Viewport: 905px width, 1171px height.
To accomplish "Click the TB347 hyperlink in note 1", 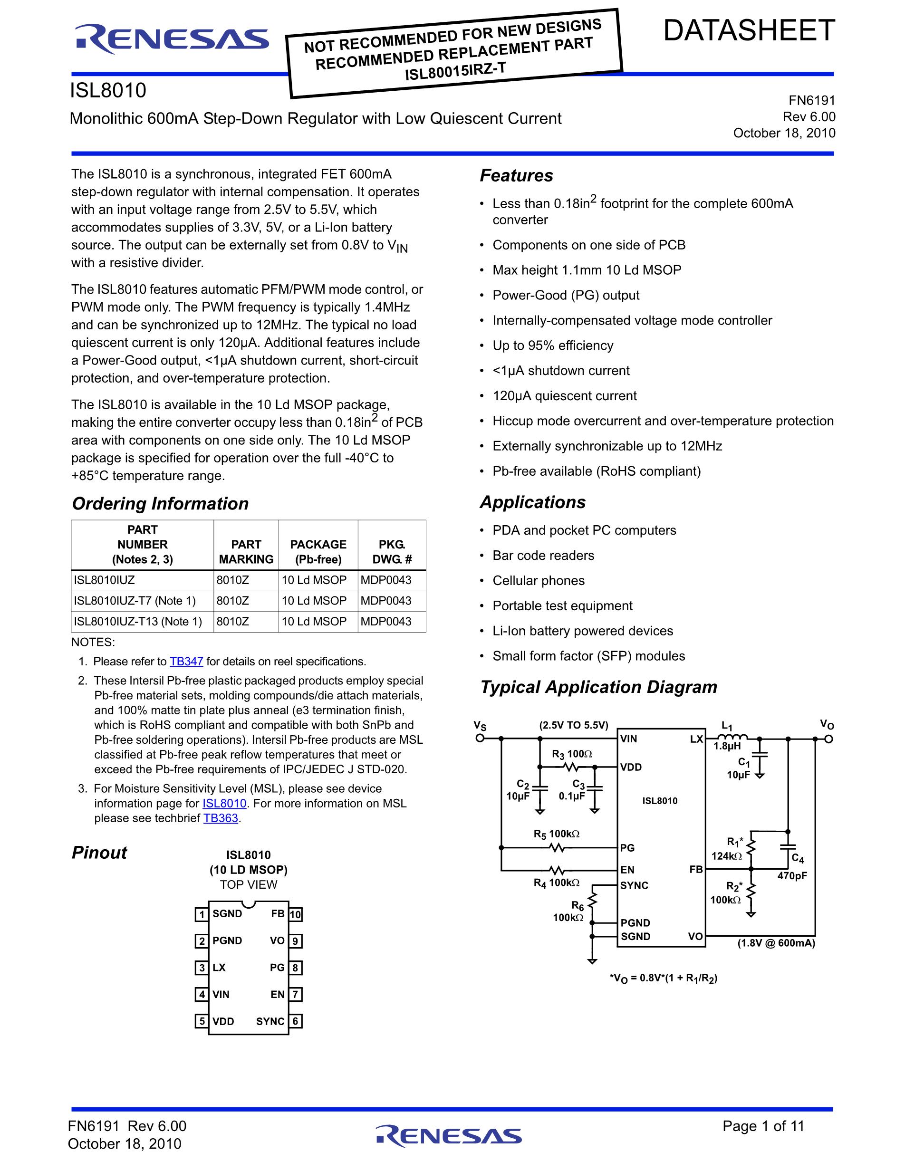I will click(186, 662).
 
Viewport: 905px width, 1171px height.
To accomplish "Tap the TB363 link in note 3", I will click(221, 818).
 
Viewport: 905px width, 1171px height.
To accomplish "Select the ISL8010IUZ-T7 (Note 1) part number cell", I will click(135, 601).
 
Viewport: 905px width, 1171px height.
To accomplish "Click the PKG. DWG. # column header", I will click(392, 552).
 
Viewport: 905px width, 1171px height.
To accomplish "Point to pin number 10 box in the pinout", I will click(296, 915).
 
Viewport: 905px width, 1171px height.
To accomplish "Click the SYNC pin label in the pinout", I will click(270, 1021).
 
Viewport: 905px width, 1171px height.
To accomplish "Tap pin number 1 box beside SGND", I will click(202, 914).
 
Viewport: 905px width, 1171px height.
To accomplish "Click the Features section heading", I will click(516, 175).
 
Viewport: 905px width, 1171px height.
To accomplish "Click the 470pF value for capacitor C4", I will click(792, 876).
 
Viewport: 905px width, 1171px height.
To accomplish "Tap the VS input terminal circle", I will click(481, 739).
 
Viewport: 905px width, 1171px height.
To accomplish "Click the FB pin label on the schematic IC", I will click(696, 869).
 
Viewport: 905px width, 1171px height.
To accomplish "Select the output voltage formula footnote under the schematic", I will click(663, 978).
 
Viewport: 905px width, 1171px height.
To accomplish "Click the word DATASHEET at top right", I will click(749, 30).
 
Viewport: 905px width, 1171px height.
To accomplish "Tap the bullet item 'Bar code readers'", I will click(543, 556).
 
